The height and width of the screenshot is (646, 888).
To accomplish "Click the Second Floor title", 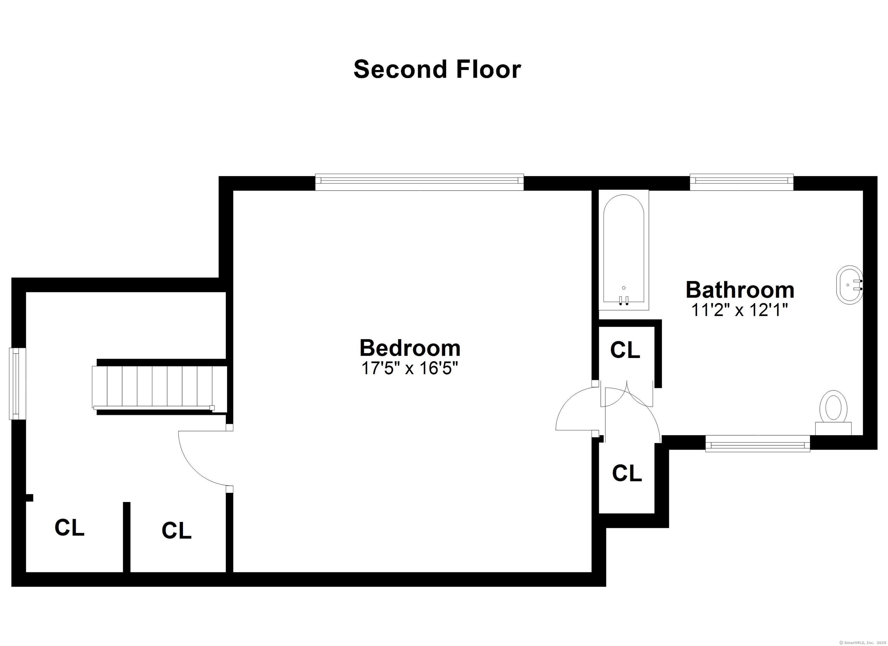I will tap(437, 69).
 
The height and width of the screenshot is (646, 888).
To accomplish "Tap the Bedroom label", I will tap(410, 348).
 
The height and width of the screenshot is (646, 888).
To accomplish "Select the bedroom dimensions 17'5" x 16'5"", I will tap(409, 368).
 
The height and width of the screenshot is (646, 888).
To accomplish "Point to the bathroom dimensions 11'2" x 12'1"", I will tap(739, 310).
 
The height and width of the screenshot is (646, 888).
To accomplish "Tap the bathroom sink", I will tap(850, 285).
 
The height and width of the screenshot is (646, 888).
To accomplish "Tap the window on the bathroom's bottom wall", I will tap(757, 444).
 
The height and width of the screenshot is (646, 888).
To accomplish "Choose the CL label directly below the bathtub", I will tap(625, 350).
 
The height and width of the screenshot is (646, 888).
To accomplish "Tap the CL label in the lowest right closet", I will tap(627, 473).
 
